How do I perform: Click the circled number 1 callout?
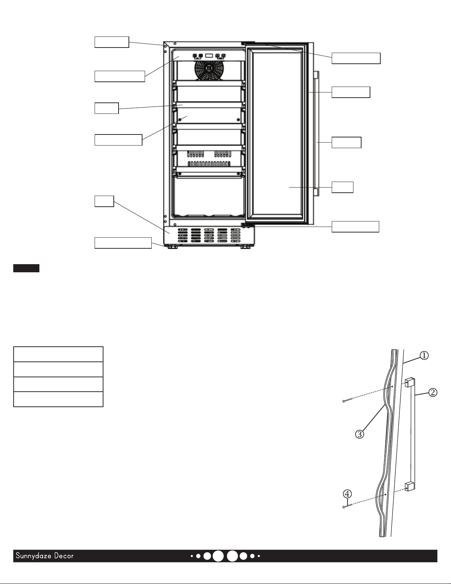point(424,356)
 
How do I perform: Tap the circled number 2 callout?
point(433,393)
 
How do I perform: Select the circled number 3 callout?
point(360,434)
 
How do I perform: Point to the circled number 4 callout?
point(348,494)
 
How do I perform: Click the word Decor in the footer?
point(64,556)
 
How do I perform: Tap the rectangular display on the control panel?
point(209,56)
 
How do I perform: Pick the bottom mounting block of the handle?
point(410,486)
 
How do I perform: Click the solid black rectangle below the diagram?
point(26,268)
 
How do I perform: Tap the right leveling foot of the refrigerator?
point(245,247)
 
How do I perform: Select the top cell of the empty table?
point(58,354)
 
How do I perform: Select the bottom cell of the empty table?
point(58,399)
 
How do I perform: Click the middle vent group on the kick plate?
point(209,236)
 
